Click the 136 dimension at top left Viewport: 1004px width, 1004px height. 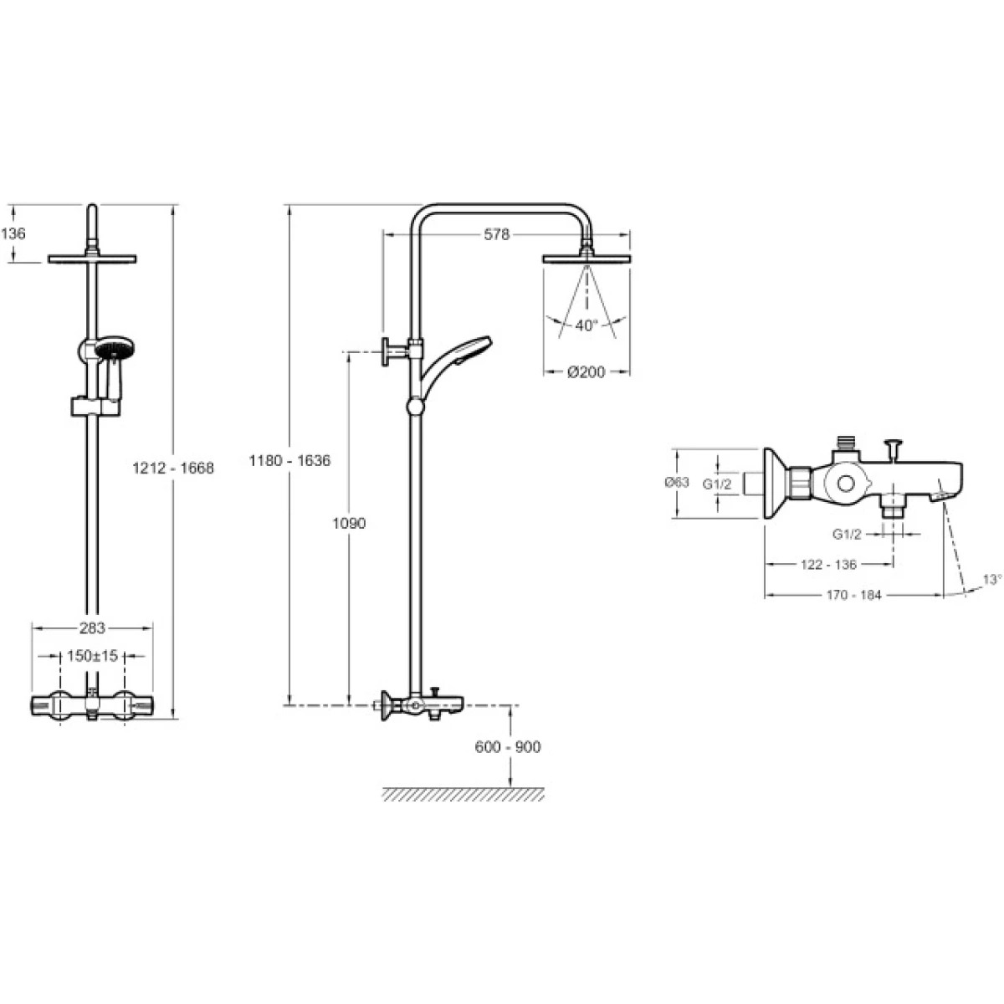click(x=13, y=233)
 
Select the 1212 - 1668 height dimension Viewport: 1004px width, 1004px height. click(x=173, y=469)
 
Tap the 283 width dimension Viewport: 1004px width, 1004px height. click(x=93, y=627)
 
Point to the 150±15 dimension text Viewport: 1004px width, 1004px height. click(x=93, y=657)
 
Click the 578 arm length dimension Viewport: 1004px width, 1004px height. click(x=496, y=235)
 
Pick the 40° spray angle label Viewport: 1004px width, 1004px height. click(x=587, y=325)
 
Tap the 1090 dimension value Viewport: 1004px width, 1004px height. click(x=349, y=524)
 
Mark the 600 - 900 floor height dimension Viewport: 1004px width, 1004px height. click(x=508, y=747)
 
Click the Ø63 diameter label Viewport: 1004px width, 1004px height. click(x=676, y=482)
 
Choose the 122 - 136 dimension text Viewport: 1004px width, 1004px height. click(x=828, y=565)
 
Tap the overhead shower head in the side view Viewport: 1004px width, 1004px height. click(x=587, y=258)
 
